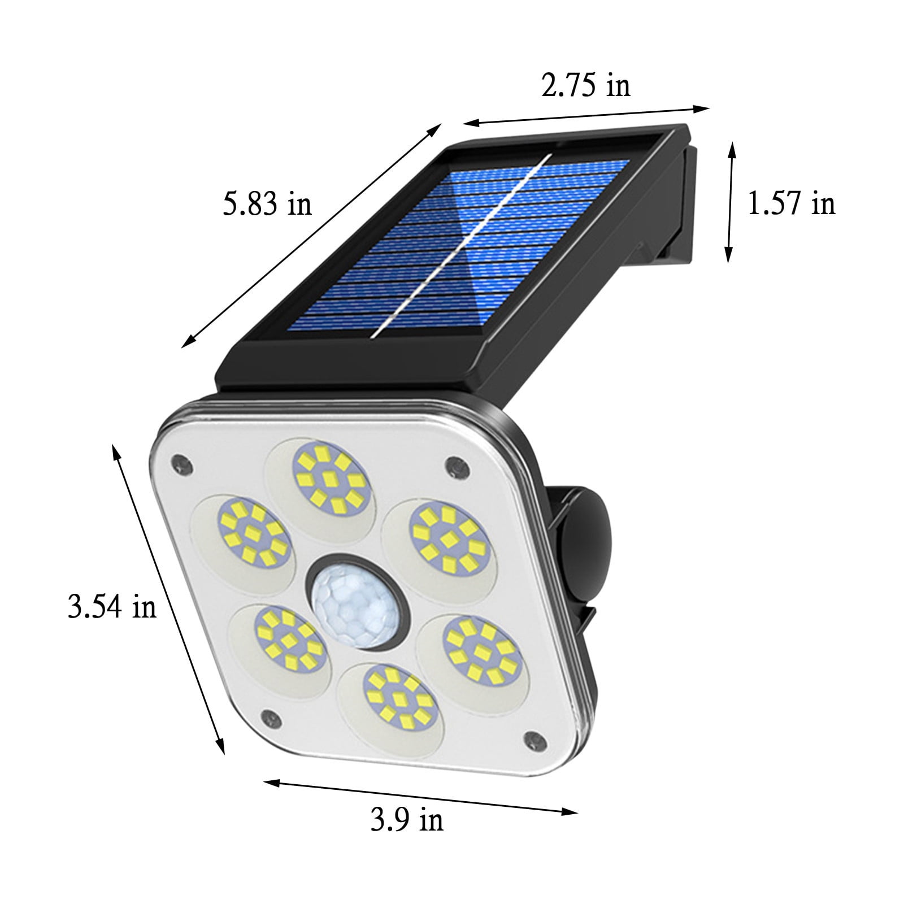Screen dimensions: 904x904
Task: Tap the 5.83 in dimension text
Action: click(x=267, y=204)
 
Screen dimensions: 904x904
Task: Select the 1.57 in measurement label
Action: click(x=791, y=203)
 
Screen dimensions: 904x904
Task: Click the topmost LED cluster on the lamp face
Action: click(x=328, y=480)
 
